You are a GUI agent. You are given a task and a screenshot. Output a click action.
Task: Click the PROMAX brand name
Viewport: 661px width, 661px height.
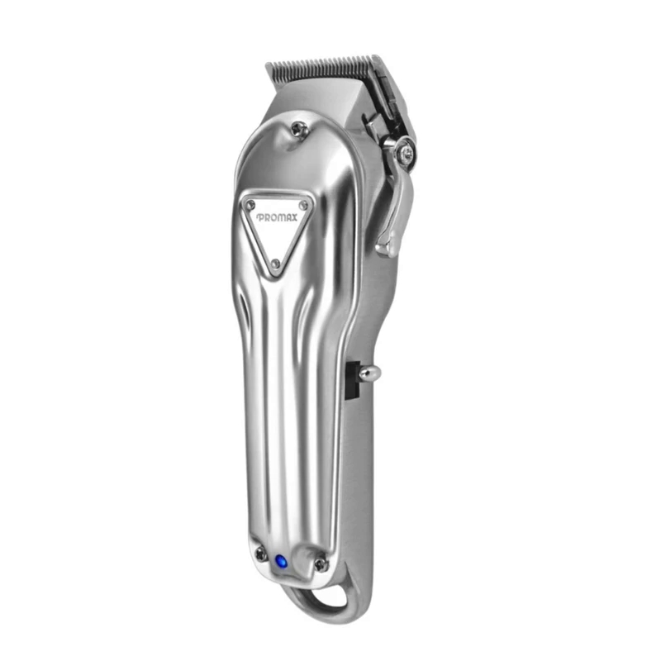277,217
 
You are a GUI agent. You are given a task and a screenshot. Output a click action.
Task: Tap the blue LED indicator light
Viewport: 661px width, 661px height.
280,562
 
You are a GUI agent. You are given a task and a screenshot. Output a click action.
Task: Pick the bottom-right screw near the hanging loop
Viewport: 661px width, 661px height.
321,564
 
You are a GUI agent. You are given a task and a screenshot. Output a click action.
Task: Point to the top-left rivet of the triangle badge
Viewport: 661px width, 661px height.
251,205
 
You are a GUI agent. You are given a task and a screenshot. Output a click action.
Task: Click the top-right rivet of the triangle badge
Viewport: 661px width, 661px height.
302,205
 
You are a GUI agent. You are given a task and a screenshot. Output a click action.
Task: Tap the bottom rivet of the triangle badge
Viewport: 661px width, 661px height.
276,264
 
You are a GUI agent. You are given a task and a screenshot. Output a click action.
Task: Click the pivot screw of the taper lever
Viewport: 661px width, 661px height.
406,151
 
